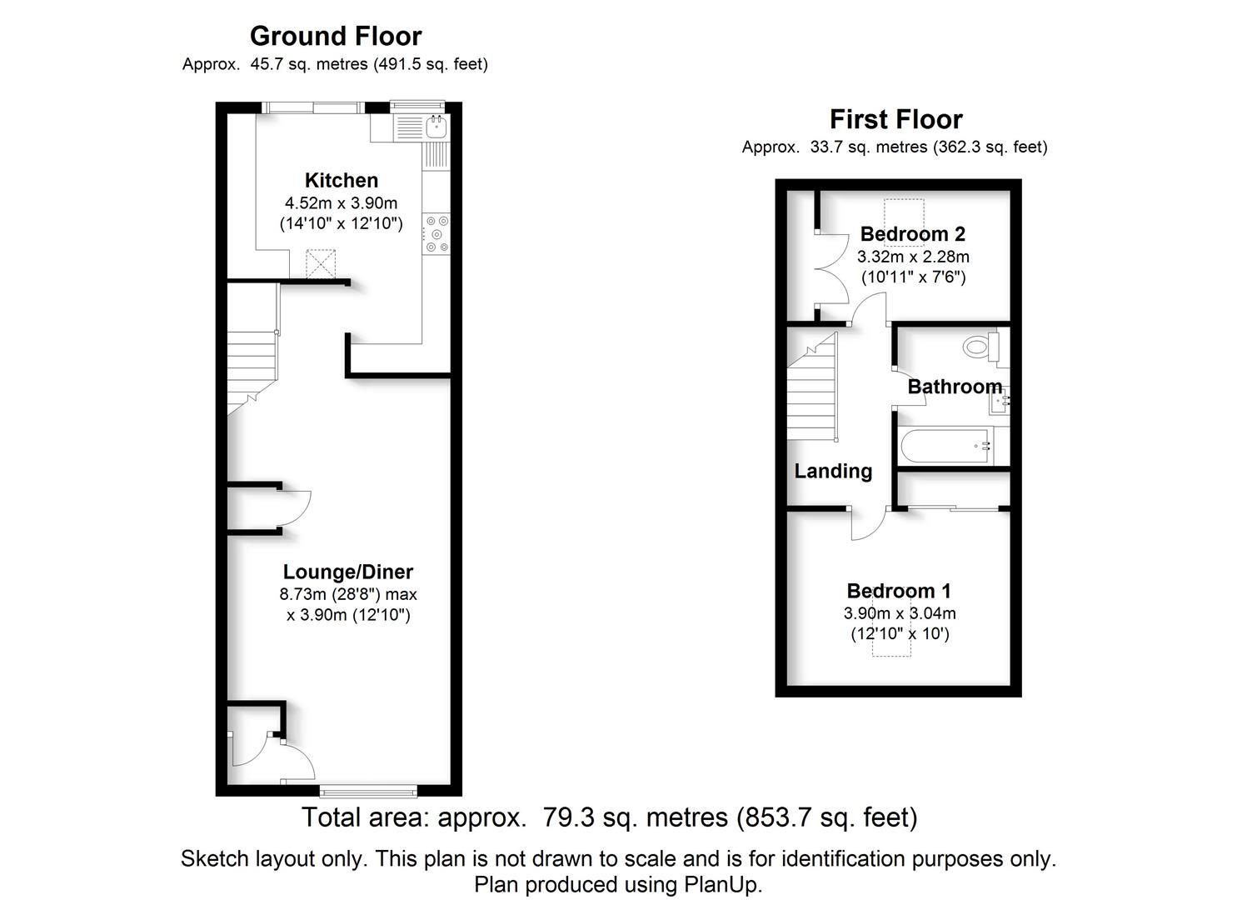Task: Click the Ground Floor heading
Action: (336, 37)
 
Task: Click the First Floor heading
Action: (895, 120)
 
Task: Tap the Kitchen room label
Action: (341, 181)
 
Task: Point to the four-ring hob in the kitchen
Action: (436, 234)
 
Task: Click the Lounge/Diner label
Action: (347, 572)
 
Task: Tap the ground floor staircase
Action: (252, 367)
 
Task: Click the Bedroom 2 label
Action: (912, 234)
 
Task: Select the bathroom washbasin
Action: (1000, 401)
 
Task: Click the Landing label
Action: (833, 472)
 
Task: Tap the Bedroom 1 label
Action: (898, 591)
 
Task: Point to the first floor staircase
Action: (812, 392)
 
